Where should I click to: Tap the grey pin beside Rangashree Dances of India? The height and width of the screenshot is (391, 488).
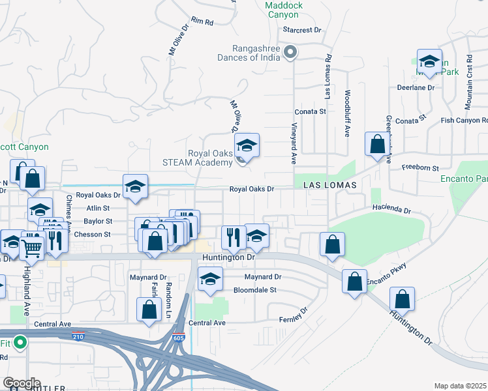click(x=294, y=53)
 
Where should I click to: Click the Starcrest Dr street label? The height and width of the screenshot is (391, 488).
click(x=303, y=30)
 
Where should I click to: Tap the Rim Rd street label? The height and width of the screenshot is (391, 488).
click(x=203, y=22)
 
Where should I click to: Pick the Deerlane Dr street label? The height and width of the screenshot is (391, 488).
click(x=416, y=87)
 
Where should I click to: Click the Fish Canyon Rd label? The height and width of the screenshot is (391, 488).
click(x=464, y=121)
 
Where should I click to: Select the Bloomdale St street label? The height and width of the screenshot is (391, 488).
click(x=256, y=290)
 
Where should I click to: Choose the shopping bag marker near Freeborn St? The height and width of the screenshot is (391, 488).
click(x=377, y=146)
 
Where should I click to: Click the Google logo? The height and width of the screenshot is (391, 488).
click(x=22, y=383)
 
